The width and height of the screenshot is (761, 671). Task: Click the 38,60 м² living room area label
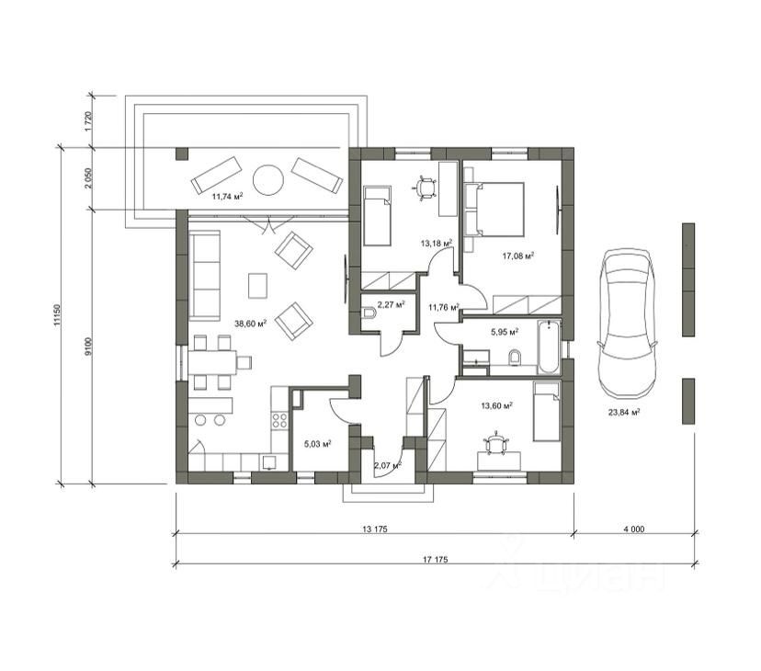[250, 324]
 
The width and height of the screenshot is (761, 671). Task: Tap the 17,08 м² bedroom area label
[518, 256]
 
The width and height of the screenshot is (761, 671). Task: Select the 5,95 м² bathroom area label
[505, 333]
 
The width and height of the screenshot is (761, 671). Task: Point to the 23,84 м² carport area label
[624, 413]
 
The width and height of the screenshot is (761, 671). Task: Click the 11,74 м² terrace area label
[227, 197]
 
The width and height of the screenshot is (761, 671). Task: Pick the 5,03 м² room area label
[318, 444]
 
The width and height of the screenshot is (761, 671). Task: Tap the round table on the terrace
[268, 180]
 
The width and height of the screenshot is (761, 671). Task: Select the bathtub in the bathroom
[549, 347]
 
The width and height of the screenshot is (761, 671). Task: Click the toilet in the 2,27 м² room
[369, 313]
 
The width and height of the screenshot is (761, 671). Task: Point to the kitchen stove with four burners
[279, 420]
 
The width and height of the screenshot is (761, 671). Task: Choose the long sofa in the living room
[204, 276]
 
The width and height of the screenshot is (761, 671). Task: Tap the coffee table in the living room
[257, 286]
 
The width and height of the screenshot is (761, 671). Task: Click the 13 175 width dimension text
[375, 529]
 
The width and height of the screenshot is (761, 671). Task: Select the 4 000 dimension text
[634, 529]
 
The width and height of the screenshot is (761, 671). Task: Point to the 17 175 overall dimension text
[435, 560]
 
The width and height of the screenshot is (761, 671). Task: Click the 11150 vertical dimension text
[57, 315]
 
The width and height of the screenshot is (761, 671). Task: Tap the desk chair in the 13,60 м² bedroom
[495, 443]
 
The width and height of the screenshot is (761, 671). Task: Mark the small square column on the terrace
[181, 154]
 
